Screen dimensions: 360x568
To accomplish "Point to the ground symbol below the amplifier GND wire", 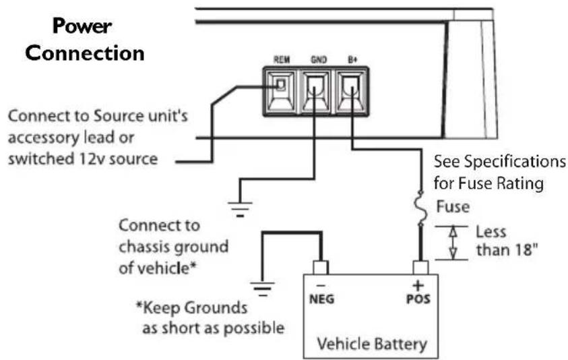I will [241, 206].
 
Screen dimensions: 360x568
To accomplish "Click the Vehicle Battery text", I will [373, 344].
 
